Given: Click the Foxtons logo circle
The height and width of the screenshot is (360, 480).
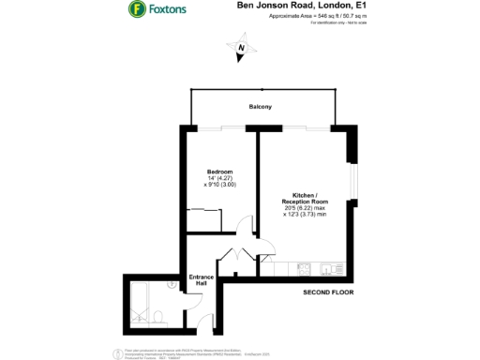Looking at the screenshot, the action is tap(136, 9).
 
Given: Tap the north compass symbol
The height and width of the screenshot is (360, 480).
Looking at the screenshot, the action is tap(241, 47).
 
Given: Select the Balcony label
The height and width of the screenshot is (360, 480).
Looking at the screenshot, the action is tap(260, 107).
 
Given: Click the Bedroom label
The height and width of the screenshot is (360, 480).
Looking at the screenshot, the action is tap(218, 171).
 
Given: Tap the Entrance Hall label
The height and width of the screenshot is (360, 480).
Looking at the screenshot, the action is tap(202, 278).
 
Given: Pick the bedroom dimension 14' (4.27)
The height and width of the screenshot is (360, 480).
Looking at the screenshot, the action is tap(218, 178).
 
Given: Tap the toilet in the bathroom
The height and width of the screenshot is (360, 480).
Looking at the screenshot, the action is tap(160, 316).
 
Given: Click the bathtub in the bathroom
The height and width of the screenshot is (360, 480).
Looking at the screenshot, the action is tap(134, 300).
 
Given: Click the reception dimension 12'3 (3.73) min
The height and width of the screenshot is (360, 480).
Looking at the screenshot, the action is tap(306, 215).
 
